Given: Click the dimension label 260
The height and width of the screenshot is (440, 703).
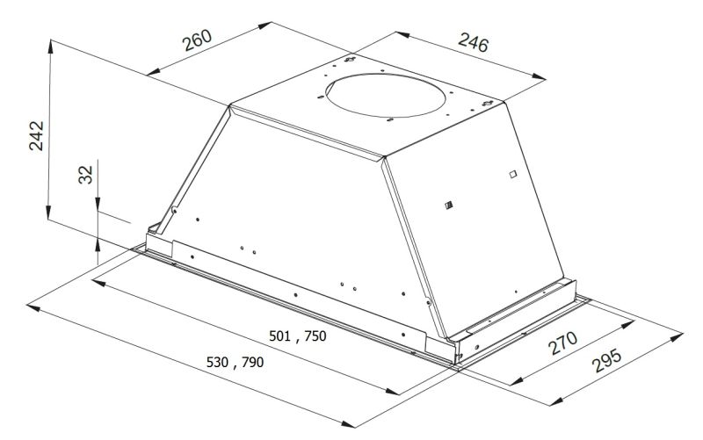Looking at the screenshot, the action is point(197,40).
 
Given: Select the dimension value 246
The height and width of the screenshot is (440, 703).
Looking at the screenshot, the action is point(473,42).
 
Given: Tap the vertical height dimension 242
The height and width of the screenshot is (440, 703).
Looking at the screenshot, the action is point(36,135).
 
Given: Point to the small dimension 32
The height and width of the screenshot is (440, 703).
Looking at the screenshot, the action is point(85,174).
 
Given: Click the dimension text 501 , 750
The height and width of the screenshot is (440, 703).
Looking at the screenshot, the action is point(298,336).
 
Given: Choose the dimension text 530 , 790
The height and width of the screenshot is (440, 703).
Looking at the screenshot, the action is point(235,362).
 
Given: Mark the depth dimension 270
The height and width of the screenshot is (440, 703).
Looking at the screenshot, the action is point(563,343).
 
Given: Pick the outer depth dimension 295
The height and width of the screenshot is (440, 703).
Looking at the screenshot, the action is point(607,360).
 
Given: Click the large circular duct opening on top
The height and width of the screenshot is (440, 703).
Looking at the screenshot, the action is point(386,96).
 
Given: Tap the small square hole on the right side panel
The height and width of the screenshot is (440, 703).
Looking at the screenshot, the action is point(513,174).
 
